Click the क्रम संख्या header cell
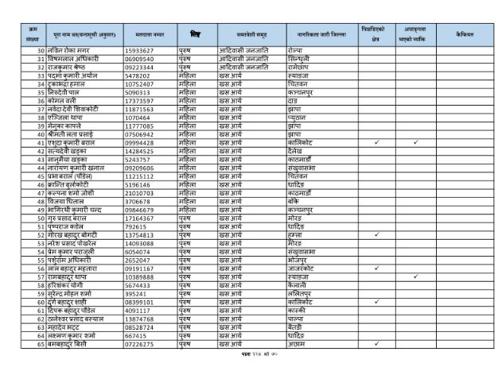coord(33,37)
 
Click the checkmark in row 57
coord(415,254)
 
